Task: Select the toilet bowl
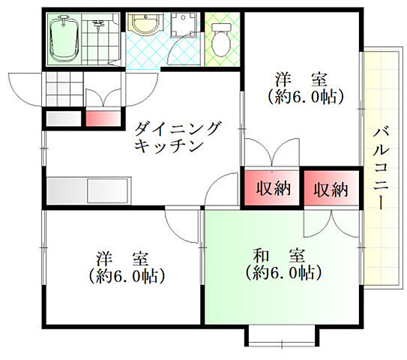(223, 37)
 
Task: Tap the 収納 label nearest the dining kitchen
(272, 189)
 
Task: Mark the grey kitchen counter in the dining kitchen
(88, 190)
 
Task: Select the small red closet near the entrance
(103, 118)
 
